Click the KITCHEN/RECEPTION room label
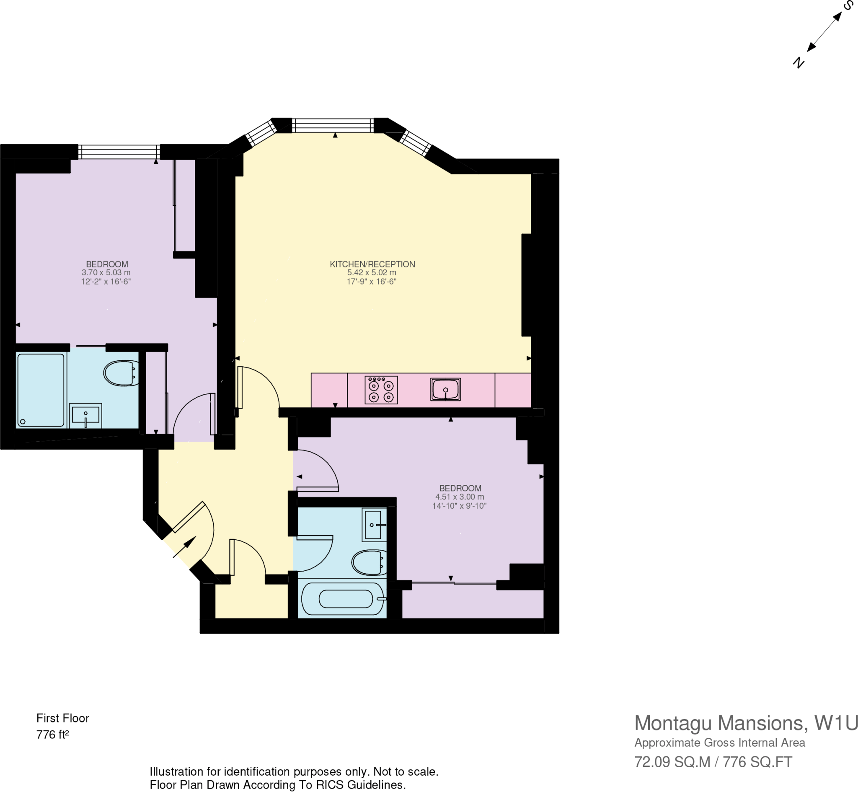pyautogui.click(x=372, y=264)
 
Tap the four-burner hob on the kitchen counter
pyautogui.click(x=381, y=390)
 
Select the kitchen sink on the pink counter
pyautogui.click(x=445, y=389)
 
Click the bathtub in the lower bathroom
pyautogui.click(x=343, y=599)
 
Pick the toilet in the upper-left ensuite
pyautogui.click(x=120, y=373)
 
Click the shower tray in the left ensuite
pyautogui.click(x=41, y=390)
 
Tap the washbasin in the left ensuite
pyautogui.click(x=85, y=415)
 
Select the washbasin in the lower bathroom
pyautogui.click(x=372, y=525)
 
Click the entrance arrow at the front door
pyautogui.click(x=184, y=547)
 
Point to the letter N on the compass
pyautogui.click(x=798, y=62)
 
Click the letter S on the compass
pyautogui.click(x=848, y=6)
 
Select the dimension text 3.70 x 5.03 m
pyautogui.click(x=106, y=272)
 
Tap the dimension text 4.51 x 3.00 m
pyautogui.click(x=459, y=497)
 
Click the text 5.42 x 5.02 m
pyautogui.click(x=371, y=272)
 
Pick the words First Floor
pyautogui.click(x=62, y=718)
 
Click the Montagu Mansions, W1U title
pyautogui.click(x=746, y=723)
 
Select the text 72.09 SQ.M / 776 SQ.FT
pyautogui.click(x=713, y=761)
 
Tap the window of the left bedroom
pyautogui.click(x=119, y=152)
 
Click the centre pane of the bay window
pyautogui.click(x=333, y=125)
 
